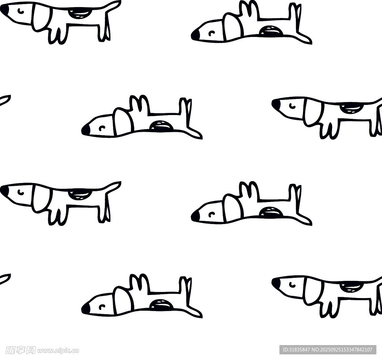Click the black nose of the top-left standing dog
pyautogui.click(x=4, y=10)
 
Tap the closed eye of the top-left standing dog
pyautogui.click(x=21, y=10)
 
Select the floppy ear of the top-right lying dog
pyautogui.click(x=233, y=27)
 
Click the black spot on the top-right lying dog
pyautogui.click(x=271, y=31)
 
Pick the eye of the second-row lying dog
pyautogui.click(x=102, y=128)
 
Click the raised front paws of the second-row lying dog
pyautogui.click(x=139, y=105)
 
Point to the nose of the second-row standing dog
pyautogui.click(x=276, y=105)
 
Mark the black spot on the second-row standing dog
pyautogui.click(x=350, y=108)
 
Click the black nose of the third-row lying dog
pyautogui.click(x=195, y=216)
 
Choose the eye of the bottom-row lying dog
pyautogui.click(x=102, y=307)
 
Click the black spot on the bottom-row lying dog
pyautogui.click(x=161, y=304)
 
